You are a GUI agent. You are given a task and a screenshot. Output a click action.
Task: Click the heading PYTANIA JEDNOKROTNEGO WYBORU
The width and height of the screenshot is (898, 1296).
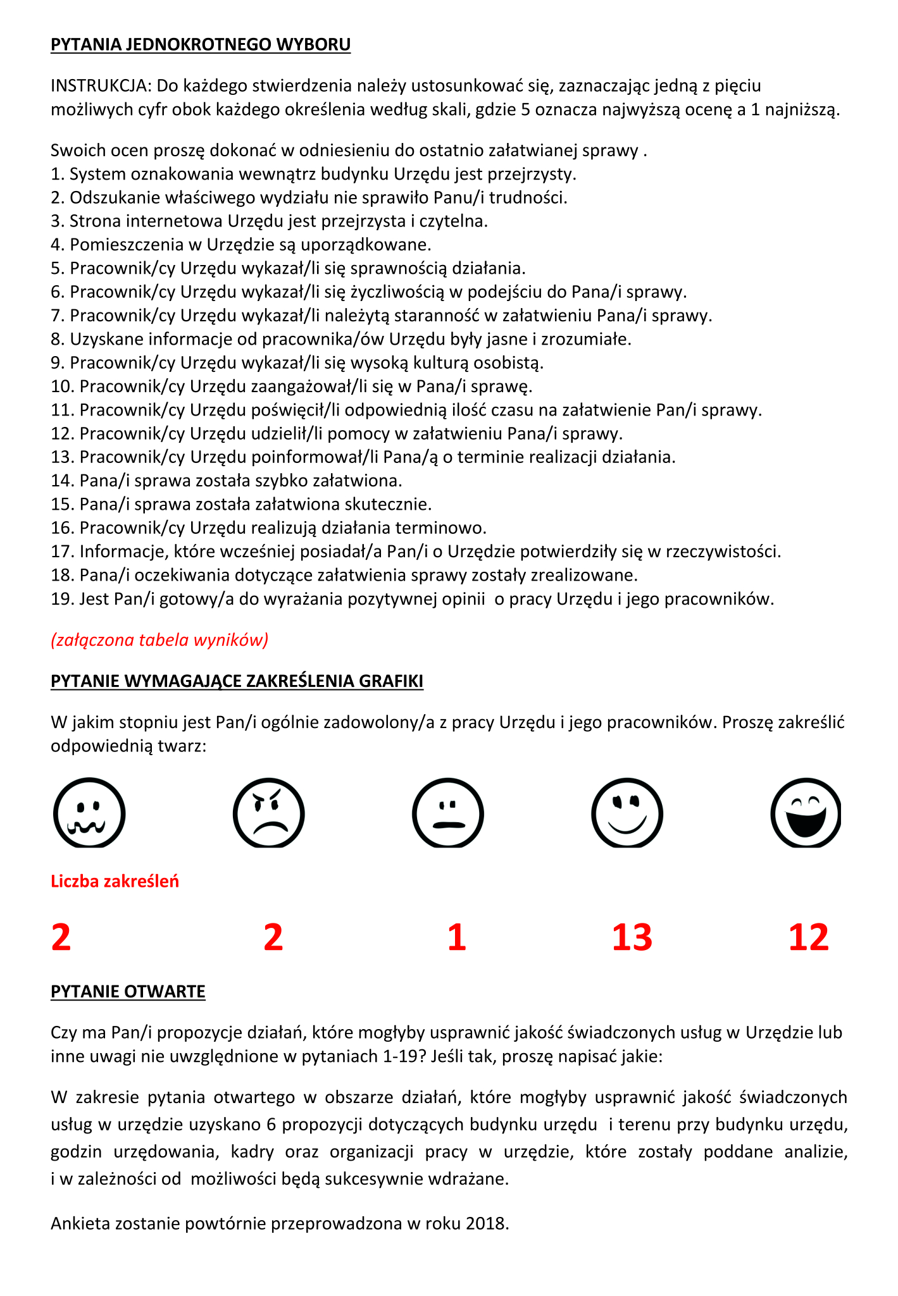[x=200, y=45]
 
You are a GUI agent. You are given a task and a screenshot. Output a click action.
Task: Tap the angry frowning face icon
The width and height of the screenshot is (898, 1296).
[x=268, y=813]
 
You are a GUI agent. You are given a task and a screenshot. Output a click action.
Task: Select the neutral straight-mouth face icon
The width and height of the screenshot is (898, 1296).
[x=447, y=813]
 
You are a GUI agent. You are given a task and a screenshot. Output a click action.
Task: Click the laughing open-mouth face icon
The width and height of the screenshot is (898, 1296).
[x=806, y=813]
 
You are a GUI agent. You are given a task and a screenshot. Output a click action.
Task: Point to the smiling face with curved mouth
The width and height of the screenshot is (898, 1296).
[x=627, y=813]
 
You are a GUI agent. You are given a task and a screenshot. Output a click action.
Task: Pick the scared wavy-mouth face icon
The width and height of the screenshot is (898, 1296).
[x=89, y=813]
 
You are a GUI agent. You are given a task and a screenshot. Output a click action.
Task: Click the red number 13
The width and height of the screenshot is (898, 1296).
[x=632, y=937]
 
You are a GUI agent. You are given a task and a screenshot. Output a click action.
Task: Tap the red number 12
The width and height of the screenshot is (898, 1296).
[x=808, y=937]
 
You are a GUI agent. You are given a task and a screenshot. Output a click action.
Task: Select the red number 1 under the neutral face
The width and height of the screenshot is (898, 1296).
[x=456, y=937]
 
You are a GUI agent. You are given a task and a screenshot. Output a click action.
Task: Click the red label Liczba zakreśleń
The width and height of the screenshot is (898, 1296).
[x=115, y=881]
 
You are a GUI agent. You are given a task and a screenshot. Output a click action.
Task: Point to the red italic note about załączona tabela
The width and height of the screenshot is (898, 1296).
[x=159, y=640]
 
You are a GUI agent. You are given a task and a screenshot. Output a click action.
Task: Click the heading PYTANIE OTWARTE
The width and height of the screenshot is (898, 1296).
[x=128, y=991]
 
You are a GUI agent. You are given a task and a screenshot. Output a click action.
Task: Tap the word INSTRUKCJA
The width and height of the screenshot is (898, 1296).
[x=101, y=85]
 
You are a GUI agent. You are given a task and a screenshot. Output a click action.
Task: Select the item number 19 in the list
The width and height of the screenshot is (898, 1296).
[x=63, y=599]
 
